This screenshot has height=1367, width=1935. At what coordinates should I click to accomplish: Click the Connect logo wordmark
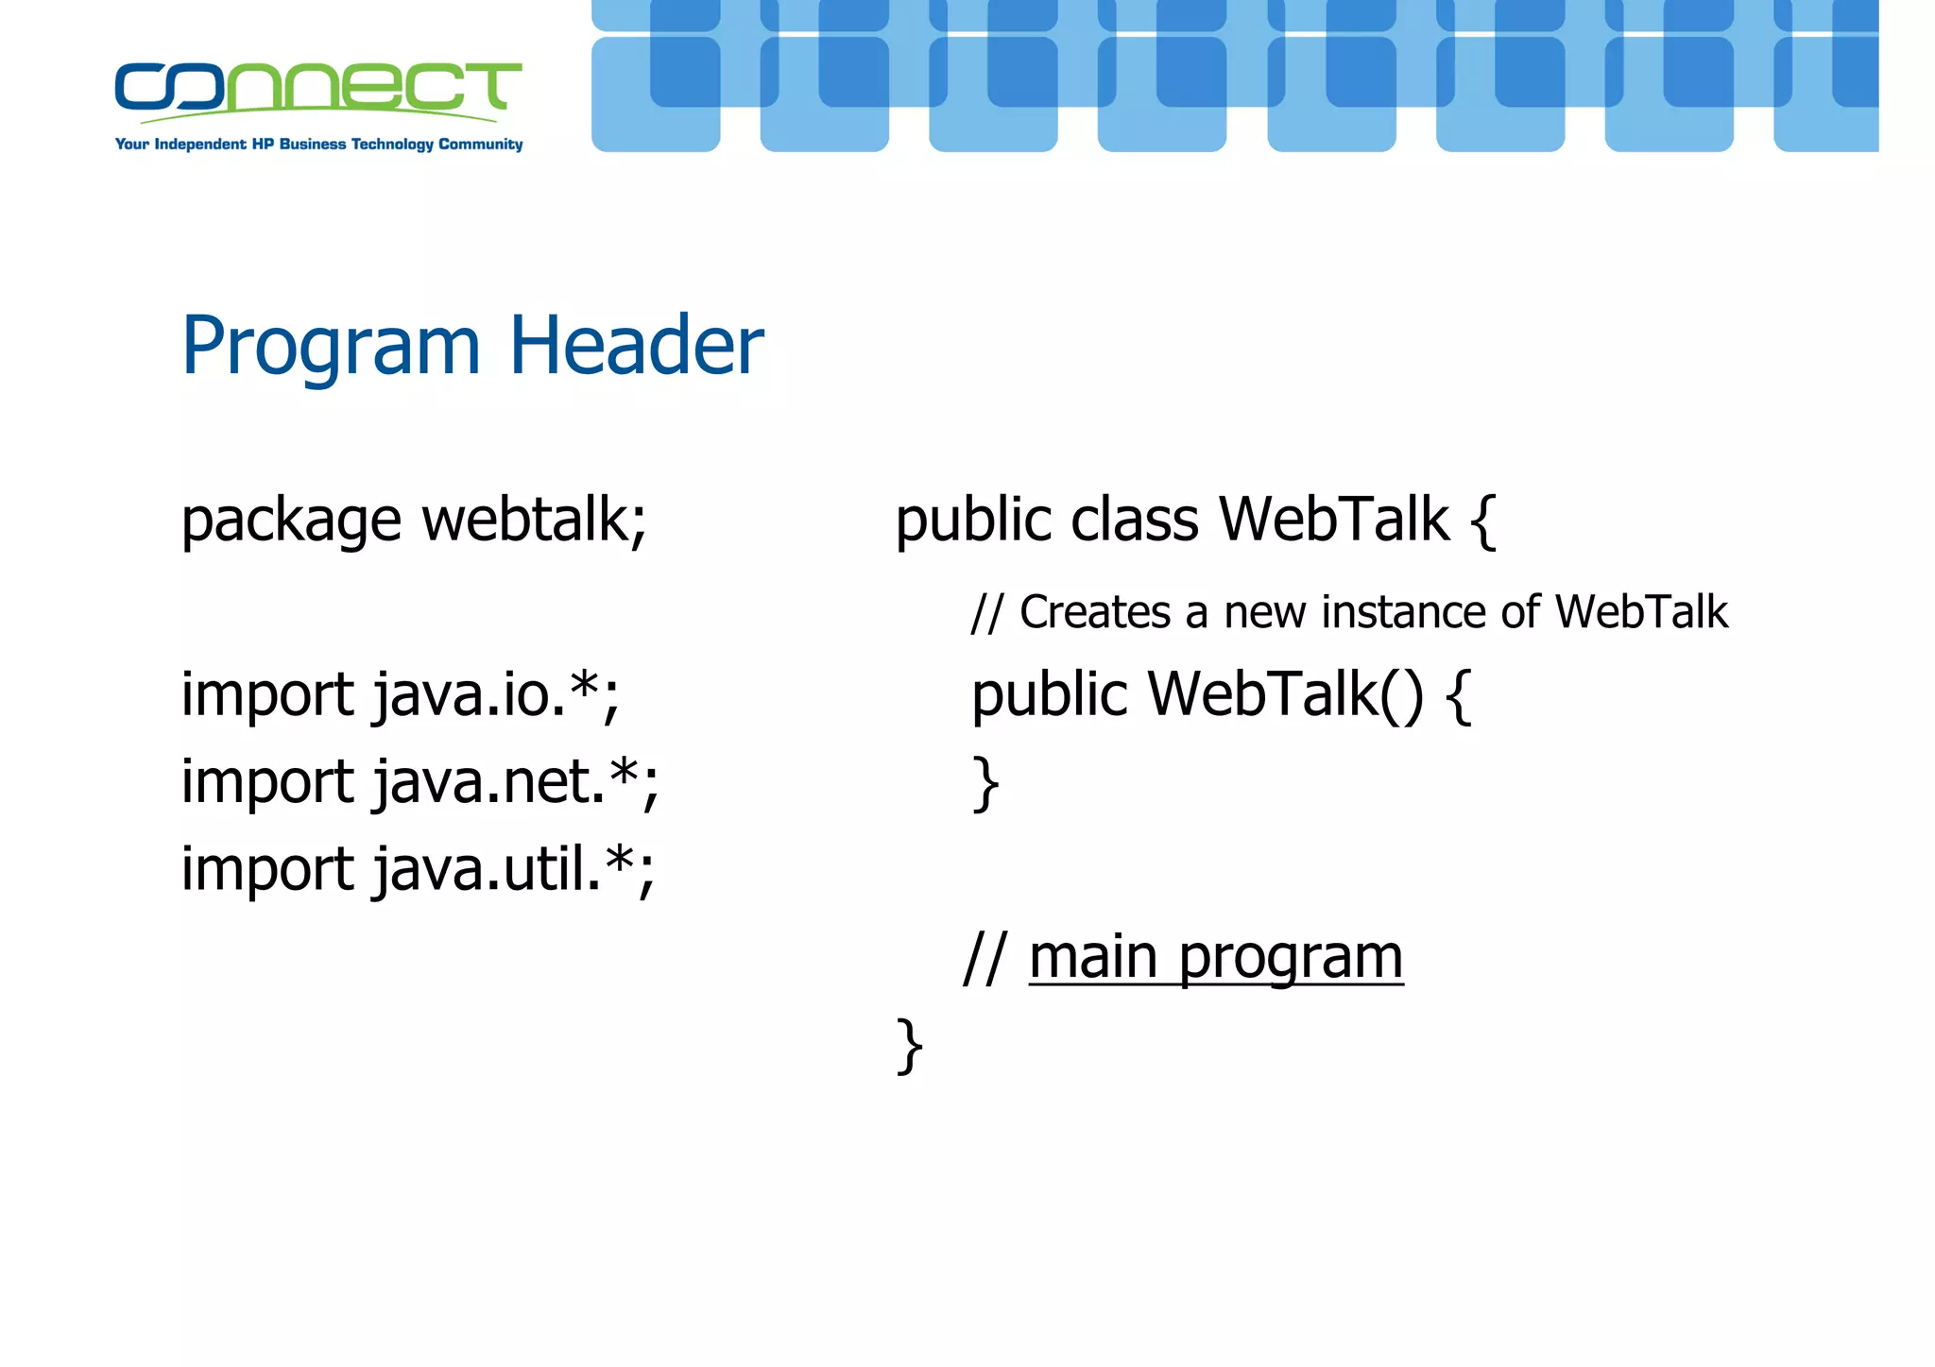point(317,88)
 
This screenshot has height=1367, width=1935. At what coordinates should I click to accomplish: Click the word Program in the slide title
point(331,348)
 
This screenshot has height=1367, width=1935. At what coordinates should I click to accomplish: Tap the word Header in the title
point(636,346)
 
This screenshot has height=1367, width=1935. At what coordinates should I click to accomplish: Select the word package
point(291,521)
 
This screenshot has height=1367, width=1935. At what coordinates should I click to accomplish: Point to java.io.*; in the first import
point(495,695)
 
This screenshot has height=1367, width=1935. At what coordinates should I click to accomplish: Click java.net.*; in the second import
point(515,782)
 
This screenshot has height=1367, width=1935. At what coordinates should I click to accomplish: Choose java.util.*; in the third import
point(512,869)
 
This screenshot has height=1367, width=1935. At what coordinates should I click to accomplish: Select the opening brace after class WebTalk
point(1483,521)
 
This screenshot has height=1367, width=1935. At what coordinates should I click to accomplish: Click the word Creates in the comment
point(1095,612)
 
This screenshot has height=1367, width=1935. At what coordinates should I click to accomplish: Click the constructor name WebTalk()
point(1284,695)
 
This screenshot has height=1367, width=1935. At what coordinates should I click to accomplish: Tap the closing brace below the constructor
point(985,784)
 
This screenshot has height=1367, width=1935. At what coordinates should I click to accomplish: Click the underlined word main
point(1092,957)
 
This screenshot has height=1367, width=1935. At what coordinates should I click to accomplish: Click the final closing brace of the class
point(909,1046)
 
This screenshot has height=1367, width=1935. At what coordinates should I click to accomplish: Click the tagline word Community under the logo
point(480,145)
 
